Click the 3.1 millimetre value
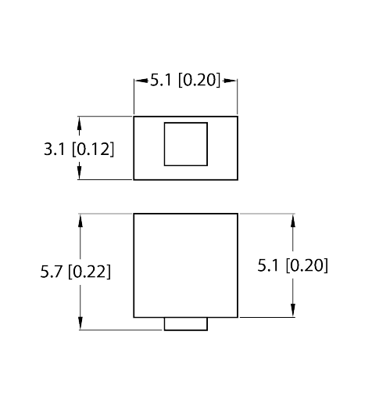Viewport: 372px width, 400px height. (54, 150)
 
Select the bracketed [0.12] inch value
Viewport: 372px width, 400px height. (93, 150)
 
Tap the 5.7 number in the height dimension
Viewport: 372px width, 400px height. (51, 272)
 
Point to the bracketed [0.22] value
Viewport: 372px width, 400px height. (90, 272)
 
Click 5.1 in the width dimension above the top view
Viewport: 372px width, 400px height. (161, 80)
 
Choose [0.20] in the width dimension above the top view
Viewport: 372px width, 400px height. (199, 80)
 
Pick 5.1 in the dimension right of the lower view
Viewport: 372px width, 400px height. (268, 265)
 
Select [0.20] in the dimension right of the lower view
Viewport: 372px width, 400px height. (307, 265)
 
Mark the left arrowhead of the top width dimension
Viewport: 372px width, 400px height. (141, 81)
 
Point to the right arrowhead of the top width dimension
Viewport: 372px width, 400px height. (230, 81)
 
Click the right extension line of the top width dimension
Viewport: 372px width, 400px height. (237, 96)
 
